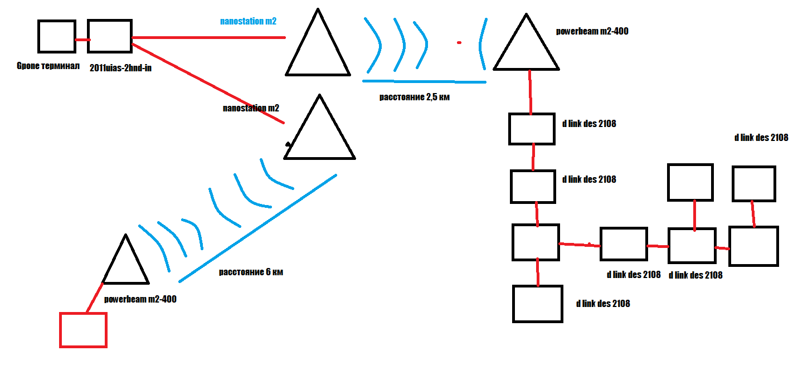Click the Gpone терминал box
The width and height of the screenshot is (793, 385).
pyautogui.click(x=56, y=37)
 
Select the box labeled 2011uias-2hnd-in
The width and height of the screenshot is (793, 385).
pyautogui.click(x=110, y=37)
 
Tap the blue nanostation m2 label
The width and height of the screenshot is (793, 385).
pyautogui.click(x=248, y=22)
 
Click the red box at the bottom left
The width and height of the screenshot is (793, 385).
pyautogui.click(x=83, y=330)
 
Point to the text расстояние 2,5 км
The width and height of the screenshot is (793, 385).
pyautogui.click(x=414, y=97)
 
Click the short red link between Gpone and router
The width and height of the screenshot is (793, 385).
pyautogui.click(x=82, y=40)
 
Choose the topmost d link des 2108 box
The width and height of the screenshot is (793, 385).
pyautogui.click(x=532, y=129)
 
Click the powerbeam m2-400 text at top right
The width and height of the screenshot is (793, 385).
pyautogui.click(x=592, y=31)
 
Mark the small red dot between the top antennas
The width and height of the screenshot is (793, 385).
pyautogui.click(x=459, y=42)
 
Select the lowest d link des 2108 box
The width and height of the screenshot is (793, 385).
pyautogui.click(x=537, y=304)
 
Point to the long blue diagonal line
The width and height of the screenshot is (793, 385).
pyautogui.click(x=257, y=227)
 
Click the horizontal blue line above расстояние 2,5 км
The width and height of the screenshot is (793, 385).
pyautogui.click(x=424, y=81)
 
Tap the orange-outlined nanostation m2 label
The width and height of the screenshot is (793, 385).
pyautogui.click(x=251, y=108)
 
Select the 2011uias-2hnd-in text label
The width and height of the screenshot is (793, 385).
pyautogui.click(x=120, y=67)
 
